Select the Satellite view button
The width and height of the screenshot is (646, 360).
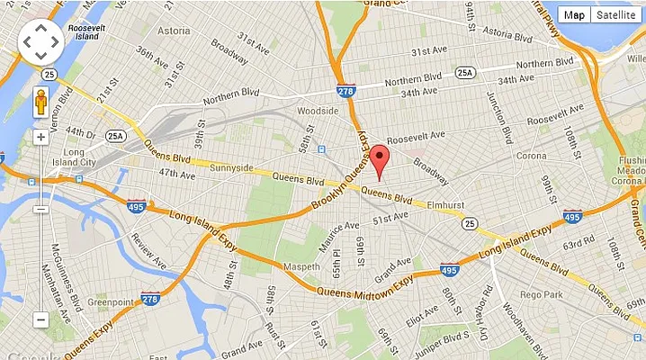[x=616, y=14]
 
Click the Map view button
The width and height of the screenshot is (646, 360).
[x=574, y=14]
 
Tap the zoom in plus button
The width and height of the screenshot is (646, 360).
[x=40, y=138]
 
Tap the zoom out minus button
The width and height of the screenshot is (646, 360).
[x=40, y=319]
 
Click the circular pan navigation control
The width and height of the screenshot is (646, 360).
[x=41, y=41]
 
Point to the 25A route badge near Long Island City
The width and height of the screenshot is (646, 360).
[x=115, y=136]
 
